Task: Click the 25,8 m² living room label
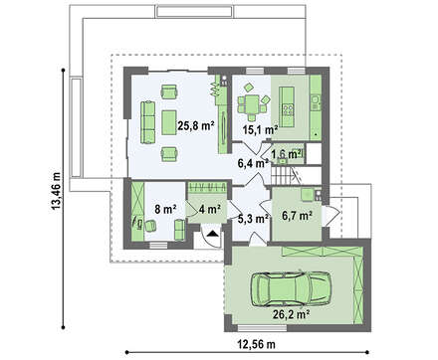[196, 126]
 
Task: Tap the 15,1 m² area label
[260, 130]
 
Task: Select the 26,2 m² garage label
[292, 313]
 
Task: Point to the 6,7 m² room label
[297, 216]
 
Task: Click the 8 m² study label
[165, 209]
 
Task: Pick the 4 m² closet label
[210, 209]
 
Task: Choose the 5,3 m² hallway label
[253, 218]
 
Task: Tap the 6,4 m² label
[253, 163]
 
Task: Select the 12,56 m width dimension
[256, 344]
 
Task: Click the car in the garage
[291, 289]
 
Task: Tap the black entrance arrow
[212, 234]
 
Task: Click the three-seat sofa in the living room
[148, 122]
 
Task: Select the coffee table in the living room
[169, 122]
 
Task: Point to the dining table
[252, 104]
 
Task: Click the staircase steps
[282, 176]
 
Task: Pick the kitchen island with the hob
[287, 107]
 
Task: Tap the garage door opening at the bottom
[262, 328]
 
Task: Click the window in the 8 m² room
[158, 246]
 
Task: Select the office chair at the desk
[150, 226]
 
